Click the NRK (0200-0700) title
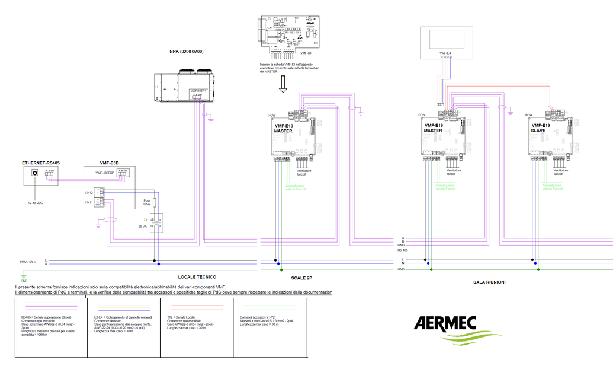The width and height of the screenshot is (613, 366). coord(186,52)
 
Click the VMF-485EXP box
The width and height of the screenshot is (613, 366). coord(107,173)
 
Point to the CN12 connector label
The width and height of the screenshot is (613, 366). coord(88,192)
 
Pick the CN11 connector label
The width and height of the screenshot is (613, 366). coord(88,203)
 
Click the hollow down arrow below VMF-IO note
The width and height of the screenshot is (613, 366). coord(283,86)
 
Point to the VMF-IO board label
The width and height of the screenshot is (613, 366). coord(306,53)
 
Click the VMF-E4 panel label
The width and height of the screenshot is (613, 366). coord(445,53)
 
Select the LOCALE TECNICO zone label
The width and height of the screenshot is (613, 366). coord(197,277)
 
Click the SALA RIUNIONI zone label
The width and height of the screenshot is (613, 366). coord(489,282)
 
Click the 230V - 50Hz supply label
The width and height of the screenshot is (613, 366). coord(28,262)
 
